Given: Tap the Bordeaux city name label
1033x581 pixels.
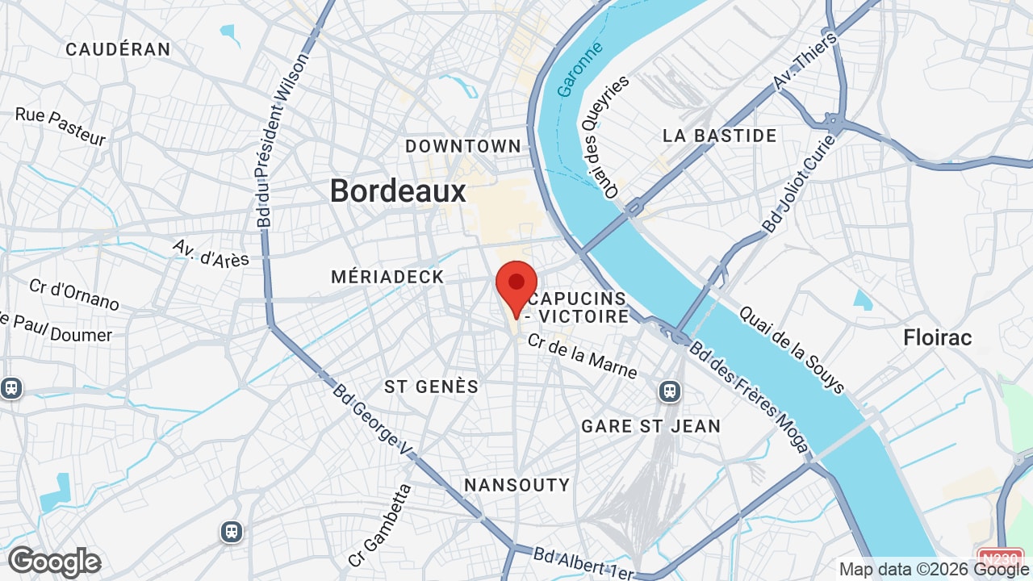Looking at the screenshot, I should coord(398,191).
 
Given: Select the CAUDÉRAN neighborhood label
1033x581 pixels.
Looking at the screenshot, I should coord(118,49).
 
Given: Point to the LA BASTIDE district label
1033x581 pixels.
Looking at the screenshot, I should coord(719,136).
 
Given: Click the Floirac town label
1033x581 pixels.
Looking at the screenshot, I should coord(938,337).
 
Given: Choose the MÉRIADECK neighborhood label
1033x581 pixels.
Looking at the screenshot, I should coord(387,277).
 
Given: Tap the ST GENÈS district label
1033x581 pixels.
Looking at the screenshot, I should coord(431,387).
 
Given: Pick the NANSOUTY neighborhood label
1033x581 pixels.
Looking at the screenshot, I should coord(516,485).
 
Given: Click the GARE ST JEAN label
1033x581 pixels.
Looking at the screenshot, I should coord(650,426).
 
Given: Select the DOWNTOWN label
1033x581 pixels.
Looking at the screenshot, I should coord(463,146).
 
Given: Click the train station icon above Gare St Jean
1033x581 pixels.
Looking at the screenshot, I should coord(669,391).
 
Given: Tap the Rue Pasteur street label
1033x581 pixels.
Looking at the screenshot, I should coord(61,127).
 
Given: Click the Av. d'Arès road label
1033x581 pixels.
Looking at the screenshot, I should coord(211,253).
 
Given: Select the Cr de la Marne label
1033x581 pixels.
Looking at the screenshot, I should coord(582,356).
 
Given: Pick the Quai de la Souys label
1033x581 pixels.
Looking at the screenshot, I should coord(791,349).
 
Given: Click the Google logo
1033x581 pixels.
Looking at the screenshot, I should coord(54,562).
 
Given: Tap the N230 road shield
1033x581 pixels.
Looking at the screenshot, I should coord(1001,557).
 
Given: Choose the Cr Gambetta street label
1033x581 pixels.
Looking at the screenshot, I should coord(380,525).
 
